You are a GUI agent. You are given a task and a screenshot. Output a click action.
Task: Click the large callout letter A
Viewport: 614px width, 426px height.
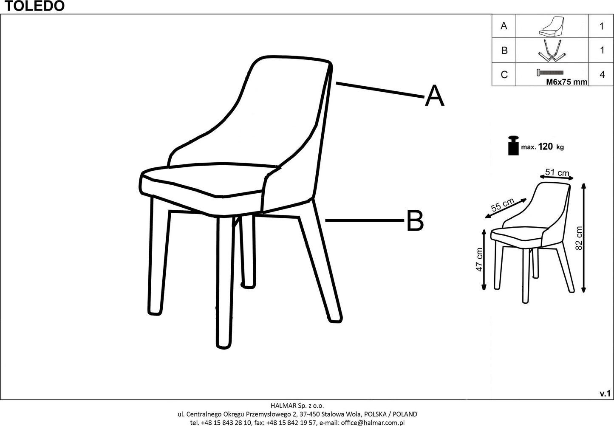point(434,96)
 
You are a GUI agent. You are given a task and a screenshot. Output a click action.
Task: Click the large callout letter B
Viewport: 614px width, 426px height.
point(414,221)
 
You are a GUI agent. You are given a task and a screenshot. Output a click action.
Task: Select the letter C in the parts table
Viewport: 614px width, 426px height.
point(504,75)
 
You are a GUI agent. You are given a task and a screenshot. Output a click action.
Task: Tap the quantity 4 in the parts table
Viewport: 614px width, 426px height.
point(602,75)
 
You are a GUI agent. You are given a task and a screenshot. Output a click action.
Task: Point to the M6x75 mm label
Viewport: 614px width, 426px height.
point(566,82)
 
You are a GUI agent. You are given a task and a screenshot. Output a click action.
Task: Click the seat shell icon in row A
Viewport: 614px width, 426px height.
point(551,26)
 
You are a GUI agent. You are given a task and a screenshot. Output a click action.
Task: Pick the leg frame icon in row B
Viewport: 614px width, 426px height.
point(551,50)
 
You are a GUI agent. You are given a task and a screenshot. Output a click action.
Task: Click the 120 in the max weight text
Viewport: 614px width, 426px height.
point(545,147)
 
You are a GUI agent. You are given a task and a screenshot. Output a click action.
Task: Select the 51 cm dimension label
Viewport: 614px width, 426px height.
point(557,172)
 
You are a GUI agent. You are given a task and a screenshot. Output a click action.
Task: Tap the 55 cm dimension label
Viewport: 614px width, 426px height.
point(503,205)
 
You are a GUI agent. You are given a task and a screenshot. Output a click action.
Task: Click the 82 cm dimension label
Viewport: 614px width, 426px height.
point(579,238)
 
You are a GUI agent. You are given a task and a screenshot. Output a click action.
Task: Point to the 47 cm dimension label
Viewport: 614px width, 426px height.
point(479,260)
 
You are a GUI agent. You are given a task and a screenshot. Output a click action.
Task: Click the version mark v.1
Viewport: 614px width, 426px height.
point(605,394)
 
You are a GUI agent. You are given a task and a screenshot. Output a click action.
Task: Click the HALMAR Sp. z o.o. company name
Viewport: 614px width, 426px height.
point(297,406)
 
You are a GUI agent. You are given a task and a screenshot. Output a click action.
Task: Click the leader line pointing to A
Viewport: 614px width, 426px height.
point(380,90)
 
